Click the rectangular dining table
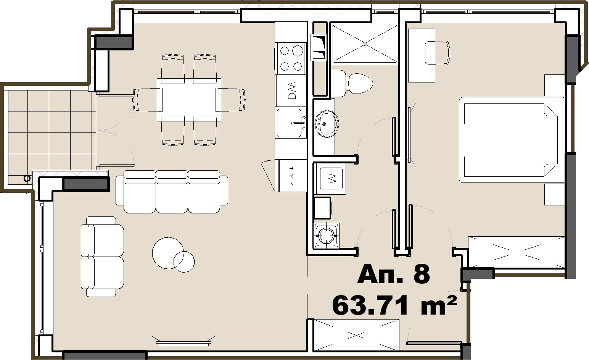[189, 100]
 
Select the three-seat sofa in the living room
[172, 192]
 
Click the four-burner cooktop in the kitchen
[291, 58]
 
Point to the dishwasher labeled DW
[291, 90]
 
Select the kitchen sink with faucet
[291, 123]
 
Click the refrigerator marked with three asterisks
[293, 176]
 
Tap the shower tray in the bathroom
[365, 44]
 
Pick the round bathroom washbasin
[326, 124]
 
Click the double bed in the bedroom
[512, 140]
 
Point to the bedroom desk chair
[437, 53]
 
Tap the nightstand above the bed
[554, 85]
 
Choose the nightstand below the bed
[554, 194]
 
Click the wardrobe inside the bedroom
[516, 252]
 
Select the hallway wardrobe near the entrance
[356, 335]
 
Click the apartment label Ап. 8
[393, 274]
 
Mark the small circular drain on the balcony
[27, 178]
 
